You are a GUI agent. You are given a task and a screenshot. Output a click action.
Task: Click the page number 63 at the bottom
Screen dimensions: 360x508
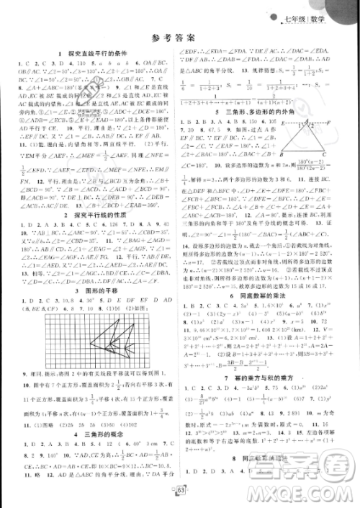tap(180, 493)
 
